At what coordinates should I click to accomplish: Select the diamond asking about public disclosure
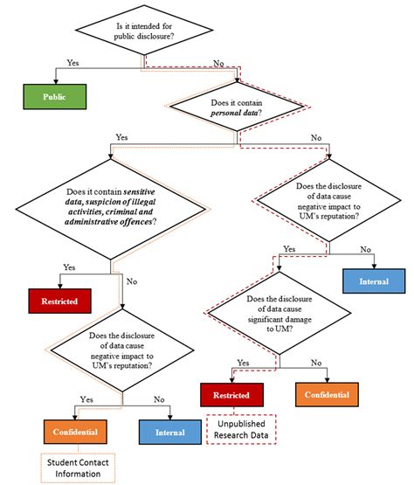[146, 34]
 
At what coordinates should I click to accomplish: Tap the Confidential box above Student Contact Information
[73, 431]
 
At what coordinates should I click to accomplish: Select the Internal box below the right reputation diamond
[374, 281]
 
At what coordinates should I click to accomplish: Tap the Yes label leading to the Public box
[73, 62]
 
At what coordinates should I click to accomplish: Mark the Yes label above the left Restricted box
[68, 267]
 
